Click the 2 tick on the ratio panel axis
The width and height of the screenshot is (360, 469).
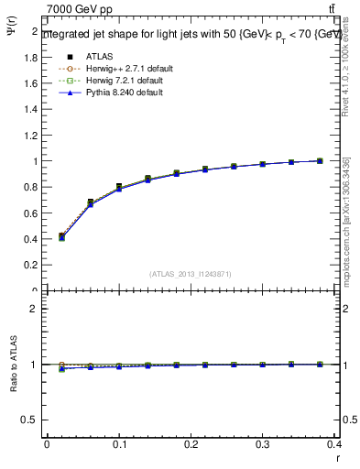click(x=35, y=309)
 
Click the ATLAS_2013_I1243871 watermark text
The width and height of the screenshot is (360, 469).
click(x=191, y=274)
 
